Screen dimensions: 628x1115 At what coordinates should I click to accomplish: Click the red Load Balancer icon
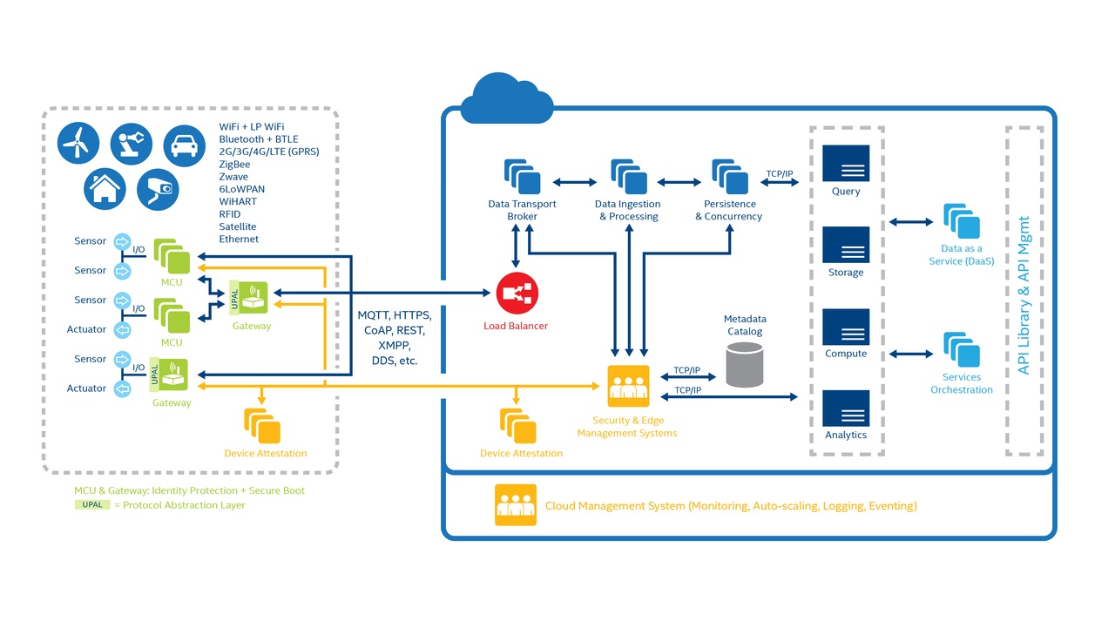click(517, 294)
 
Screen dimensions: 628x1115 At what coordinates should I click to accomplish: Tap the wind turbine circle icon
click(79, 141)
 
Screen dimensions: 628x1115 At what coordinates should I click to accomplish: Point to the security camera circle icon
click(159, 187)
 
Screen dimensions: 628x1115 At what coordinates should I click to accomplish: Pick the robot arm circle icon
click(132, 143)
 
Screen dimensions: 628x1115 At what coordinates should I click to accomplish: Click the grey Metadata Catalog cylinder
click(744, 365)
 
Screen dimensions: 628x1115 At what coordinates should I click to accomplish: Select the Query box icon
click(846, 163)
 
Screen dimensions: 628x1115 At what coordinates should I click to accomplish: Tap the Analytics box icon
click(846, 408)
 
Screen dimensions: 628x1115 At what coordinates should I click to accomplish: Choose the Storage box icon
click(846, 245)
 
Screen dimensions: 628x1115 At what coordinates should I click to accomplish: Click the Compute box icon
click(846, 327)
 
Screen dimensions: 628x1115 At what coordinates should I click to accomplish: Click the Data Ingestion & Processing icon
click(628, 177)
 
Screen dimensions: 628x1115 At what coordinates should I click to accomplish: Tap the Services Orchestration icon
click(962, 350)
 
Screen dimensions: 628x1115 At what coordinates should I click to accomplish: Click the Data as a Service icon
click(962, 222)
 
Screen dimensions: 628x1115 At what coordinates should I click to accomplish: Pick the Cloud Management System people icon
click(516, 505)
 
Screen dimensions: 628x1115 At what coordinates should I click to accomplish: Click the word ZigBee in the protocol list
click(234, 164)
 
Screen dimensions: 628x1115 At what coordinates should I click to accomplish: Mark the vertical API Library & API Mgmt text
click(1024, 294)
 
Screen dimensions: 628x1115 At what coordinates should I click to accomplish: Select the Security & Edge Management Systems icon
click(628, 386)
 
